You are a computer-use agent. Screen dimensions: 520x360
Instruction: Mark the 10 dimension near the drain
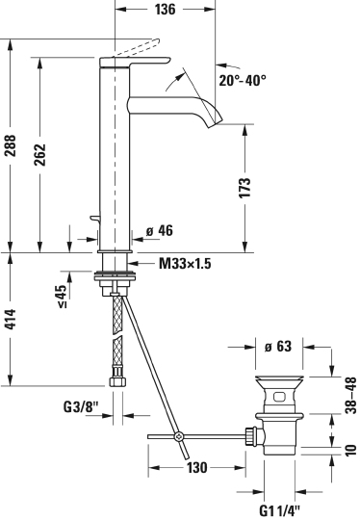[x=350, y=449]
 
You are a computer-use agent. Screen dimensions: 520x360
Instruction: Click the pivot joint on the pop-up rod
[x=179, y=439]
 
